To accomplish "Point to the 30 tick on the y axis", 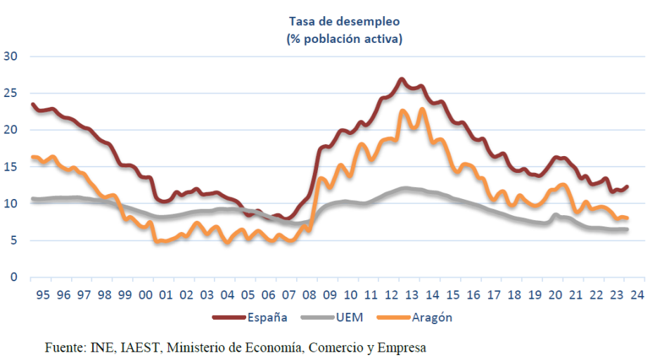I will point(11,56).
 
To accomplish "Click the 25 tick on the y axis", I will point(11,93).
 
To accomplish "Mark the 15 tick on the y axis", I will point(11,167).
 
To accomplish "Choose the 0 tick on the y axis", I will point(14,277).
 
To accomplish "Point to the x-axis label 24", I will point(637,295).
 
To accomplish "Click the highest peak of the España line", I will point(401,79).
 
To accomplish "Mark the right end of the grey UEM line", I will point(627,229).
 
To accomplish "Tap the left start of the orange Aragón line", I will point(32,157).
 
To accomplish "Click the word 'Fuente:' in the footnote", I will point(65,347).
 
